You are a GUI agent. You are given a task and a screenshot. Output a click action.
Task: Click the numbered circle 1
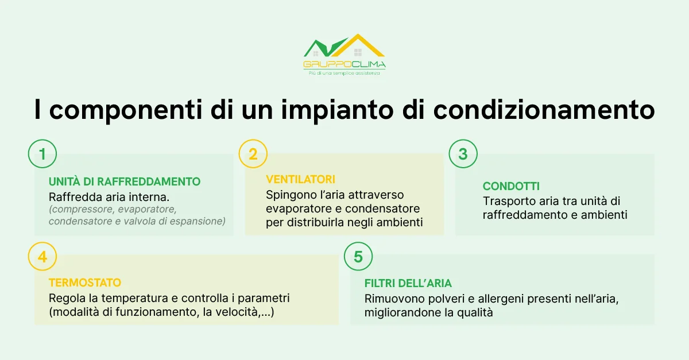42,154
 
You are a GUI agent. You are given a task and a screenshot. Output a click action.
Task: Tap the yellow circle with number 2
253,154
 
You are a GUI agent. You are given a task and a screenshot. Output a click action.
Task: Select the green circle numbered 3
463,154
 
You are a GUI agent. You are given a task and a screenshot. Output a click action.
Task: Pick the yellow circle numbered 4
42,257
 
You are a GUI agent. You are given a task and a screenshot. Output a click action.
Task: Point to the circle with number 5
358,257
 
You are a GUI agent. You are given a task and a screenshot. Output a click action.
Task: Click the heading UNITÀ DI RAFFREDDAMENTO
125,182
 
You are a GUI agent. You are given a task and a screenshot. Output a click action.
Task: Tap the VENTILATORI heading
300,180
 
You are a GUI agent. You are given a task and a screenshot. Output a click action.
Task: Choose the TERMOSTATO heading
85,283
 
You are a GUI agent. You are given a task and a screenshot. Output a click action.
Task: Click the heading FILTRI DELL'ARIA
408,284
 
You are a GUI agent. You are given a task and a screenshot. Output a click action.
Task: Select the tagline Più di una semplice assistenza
344,73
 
